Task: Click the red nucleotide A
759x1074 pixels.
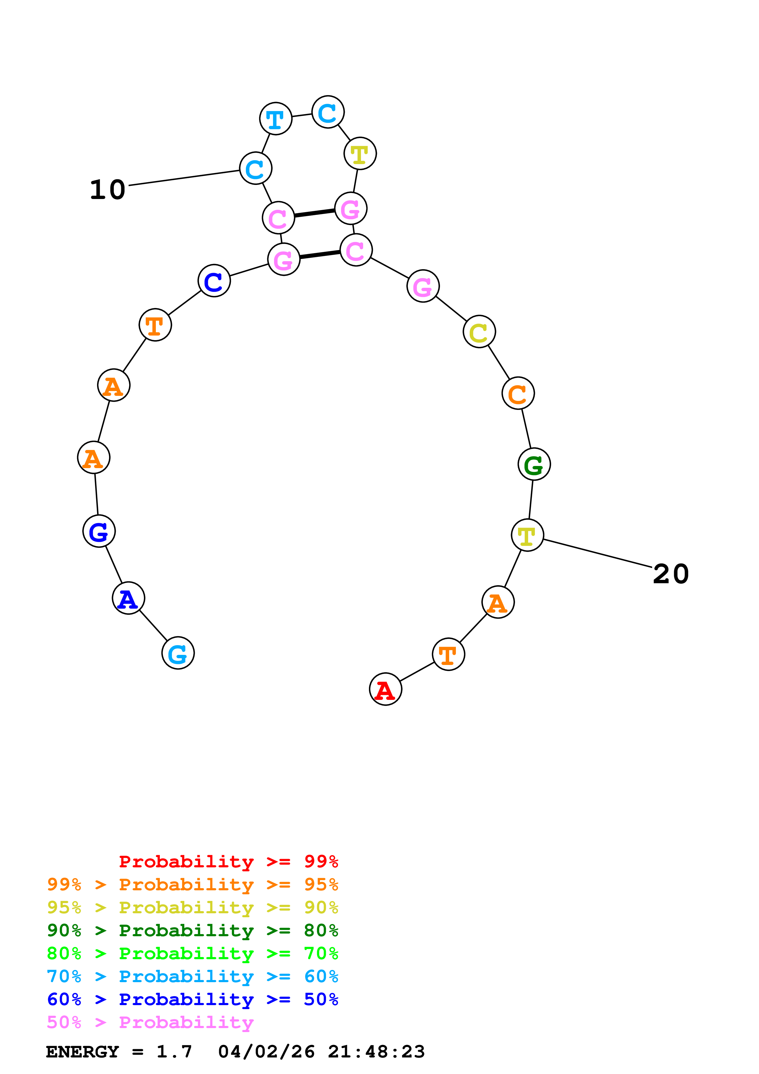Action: click(385, 689)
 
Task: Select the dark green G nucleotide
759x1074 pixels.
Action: click(534, 464)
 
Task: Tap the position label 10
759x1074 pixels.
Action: click(107, 190)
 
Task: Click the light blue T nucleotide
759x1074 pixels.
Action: click(276, 119)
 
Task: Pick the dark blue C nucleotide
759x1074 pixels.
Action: click(214, 281)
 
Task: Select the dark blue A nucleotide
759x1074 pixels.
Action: click(128, 598)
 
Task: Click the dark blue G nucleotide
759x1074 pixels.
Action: click(99, 531)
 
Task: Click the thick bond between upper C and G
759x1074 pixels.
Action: click(314, 213)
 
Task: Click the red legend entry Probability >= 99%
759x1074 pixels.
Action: click(228, 862)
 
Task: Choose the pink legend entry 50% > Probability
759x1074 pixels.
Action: click(150, 1022)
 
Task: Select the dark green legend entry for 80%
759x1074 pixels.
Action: click(192, 930)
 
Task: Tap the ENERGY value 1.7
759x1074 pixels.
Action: click(174, 1052)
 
